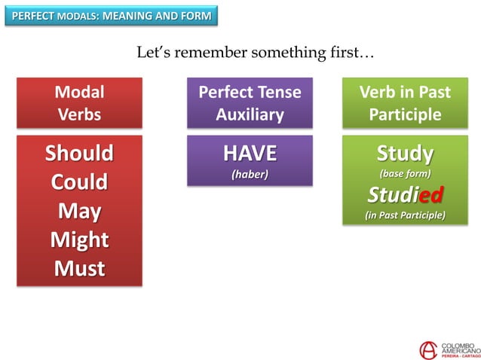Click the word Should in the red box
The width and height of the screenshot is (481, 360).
[x=79, y=154]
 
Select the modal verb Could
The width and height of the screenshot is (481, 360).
[x=79, y=182]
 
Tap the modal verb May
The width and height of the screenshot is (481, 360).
[x=79, y=211]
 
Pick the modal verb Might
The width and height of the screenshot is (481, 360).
[x=79, y=239]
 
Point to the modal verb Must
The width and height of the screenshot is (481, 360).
[x=79, y=268]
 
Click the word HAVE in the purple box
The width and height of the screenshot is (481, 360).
[x=250, y=154]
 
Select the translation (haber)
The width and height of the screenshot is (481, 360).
[x=250, y=175]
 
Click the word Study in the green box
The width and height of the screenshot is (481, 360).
[x=405, y=154]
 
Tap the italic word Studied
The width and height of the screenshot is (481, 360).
[x=405, y=196]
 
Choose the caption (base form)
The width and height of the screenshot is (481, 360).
[x=405, y=174]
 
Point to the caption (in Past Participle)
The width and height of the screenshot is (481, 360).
[x=405, y=215]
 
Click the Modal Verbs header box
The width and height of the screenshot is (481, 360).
[x=79, y=103]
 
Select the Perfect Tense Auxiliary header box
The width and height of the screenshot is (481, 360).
[x=250, y=103]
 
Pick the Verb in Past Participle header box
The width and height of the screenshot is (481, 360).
[x=405, y=103]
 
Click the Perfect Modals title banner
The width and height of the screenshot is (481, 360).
[x=111, y=16]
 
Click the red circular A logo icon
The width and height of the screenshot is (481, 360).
[x=427, y=349]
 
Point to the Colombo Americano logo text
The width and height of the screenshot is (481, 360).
[x=459, y=349]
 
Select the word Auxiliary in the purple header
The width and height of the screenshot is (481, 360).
[x=250, y=114]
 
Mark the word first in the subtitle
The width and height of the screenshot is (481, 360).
[x=342, y=53]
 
